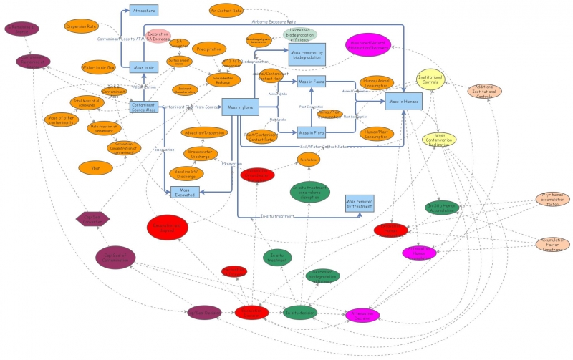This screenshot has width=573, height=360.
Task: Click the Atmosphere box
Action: [x=144, y=11]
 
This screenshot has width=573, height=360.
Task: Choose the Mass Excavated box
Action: [x=185, y=191]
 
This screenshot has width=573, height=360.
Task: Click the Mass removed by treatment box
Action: [x=359, y=204]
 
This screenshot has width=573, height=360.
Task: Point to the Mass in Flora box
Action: [x=311, y=132]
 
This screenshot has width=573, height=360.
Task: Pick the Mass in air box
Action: [x=144, y=67]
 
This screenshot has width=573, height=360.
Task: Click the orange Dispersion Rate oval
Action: [x=81, y=26]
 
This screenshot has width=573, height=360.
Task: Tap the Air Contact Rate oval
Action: [x=226, y=11]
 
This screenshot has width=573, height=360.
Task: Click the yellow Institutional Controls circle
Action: [x=435, y=80]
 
